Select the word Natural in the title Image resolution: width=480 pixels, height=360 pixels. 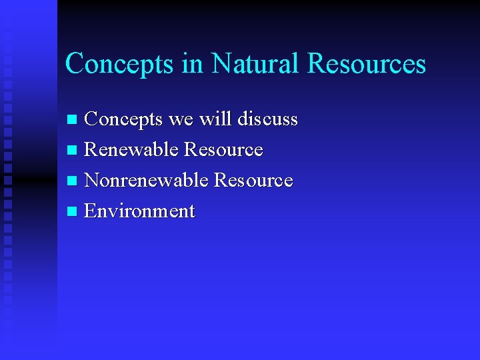point(256,64)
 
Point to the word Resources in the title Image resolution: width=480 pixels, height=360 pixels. point(366,64)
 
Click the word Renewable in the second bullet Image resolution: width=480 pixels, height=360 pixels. point(131,150)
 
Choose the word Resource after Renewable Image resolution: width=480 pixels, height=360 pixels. point(223,150)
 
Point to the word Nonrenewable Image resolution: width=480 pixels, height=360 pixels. point(146,181)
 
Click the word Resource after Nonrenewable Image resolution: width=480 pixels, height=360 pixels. point(253,181)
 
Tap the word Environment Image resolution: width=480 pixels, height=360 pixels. point(140,211)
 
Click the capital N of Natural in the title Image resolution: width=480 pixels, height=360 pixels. point(221,64)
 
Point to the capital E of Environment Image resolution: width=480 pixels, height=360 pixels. point(91,211)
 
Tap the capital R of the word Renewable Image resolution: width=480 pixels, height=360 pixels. point(91,150)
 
